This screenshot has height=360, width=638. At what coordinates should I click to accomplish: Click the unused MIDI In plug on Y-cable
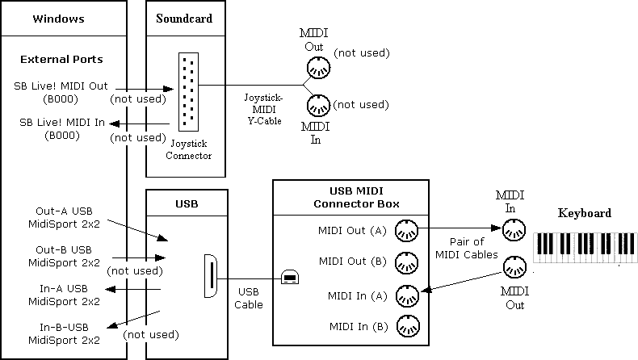[317, 105]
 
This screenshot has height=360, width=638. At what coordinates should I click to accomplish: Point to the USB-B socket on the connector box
[289, 277]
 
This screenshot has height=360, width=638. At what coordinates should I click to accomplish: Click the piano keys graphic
[585, 246]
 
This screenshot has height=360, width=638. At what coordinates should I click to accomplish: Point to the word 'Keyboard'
[584, 213]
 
